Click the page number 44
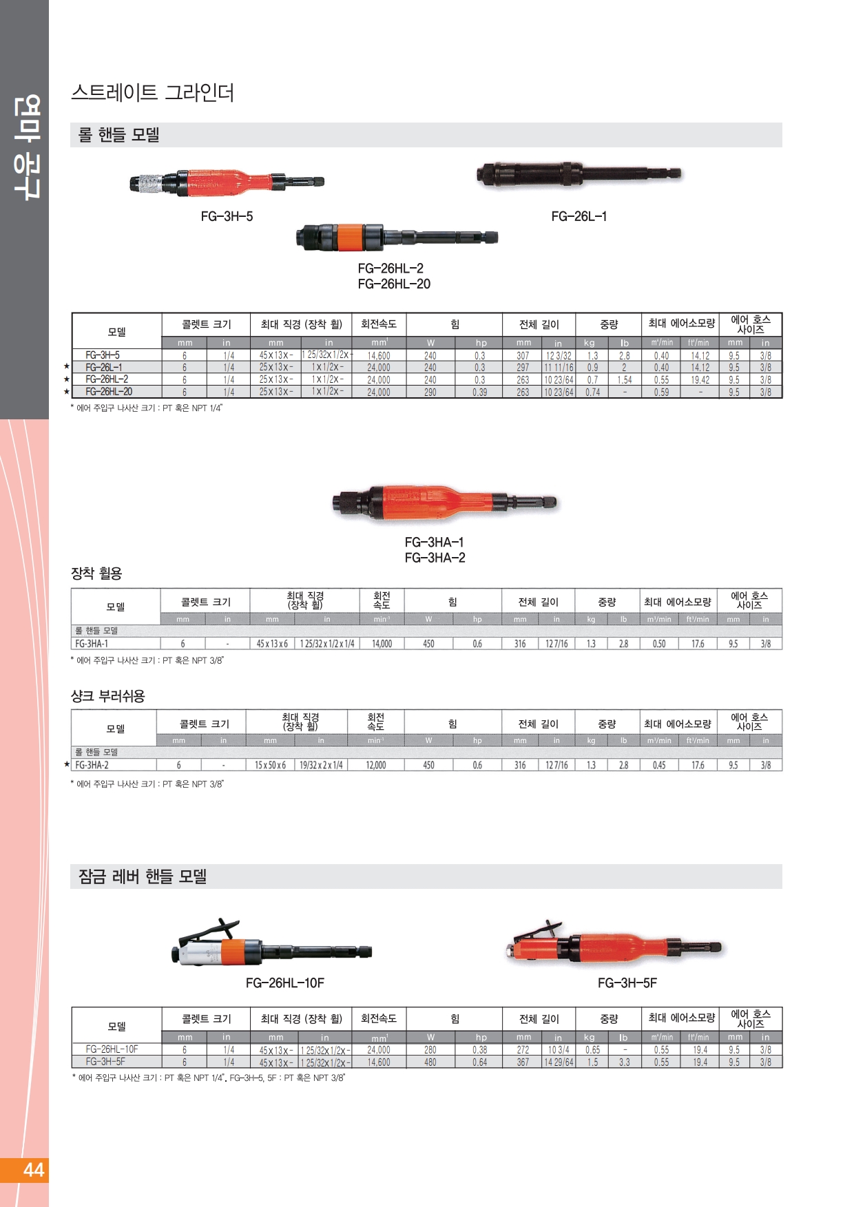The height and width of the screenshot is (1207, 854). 33,1170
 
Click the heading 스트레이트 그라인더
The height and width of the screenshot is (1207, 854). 152,92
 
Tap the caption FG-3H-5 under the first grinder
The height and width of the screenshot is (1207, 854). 227,216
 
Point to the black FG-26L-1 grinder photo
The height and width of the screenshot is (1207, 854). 579,175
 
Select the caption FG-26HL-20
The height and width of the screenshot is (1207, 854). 394,284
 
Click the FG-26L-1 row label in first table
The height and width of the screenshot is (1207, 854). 104,368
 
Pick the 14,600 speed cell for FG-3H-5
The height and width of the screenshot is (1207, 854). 378,356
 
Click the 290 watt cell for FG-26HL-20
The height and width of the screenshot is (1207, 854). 430,392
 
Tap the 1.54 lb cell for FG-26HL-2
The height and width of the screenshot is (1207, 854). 624,380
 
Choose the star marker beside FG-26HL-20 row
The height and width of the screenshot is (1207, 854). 67,392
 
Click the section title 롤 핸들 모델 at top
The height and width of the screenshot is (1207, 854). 119,135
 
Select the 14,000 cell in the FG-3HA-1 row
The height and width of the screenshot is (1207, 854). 382,644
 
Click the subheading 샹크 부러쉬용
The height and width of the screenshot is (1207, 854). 108,696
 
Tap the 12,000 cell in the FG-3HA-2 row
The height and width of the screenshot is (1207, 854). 375,765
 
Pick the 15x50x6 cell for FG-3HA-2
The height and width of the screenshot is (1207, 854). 270,765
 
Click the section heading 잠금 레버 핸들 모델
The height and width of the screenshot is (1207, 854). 143,877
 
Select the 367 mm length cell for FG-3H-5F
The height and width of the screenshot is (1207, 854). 523,1062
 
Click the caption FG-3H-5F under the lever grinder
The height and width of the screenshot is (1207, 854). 627,983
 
